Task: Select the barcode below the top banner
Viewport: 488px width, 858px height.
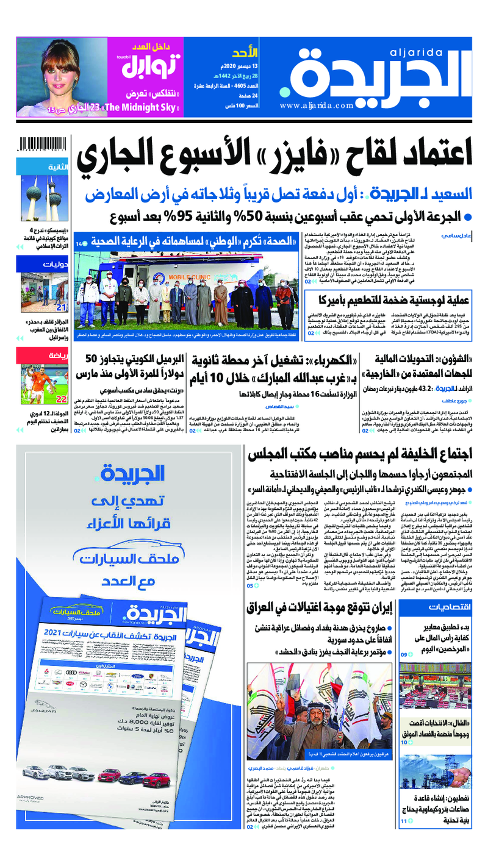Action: coord(43,145)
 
